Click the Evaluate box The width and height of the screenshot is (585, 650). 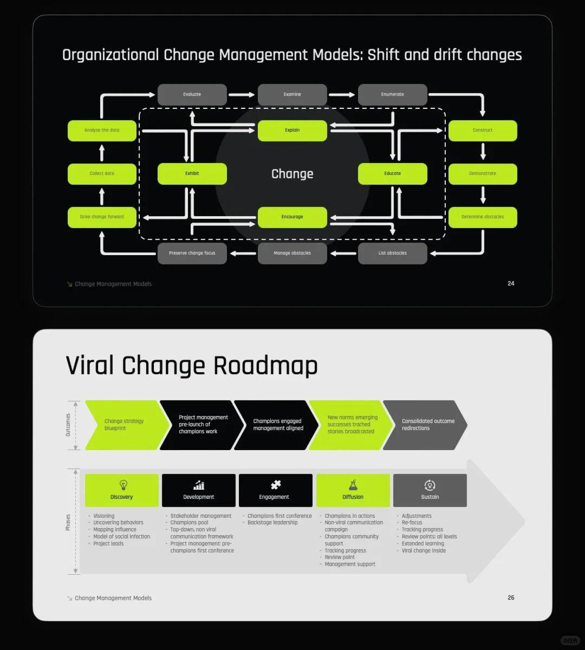click(192, 95)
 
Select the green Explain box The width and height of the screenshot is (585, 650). click(292, 131)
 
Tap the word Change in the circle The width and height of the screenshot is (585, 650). click(292, 174)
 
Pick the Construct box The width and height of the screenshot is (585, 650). click(482, 131)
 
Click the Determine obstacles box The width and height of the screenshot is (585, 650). click(482, 217)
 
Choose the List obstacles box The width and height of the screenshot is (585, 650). click(392, 253)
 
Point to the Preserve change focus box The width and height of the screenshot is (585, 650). click(192, 253)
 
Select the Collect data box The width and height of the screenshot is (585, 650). click(102, 174)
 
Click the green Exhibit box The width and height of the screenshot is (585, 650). click(192, 174)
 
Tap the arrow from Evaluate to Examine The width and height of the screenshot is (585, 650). click(242, 95)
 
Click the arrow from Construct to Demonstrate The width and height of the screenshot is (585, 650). click(483, 151)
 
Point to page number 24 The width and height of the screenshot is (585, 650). click(511, 283)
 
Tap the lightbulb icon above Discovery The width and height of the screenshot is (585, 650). click(122, 485)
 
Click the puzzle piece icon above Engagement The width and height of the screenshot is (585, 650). click(276, 485)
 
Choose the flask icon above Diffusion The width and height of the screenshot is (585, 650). click(353, 485)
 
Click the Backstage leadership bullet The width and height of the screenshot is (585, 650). click(272, 523)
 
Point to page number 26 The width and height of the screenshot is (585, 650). click(511, 597)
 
